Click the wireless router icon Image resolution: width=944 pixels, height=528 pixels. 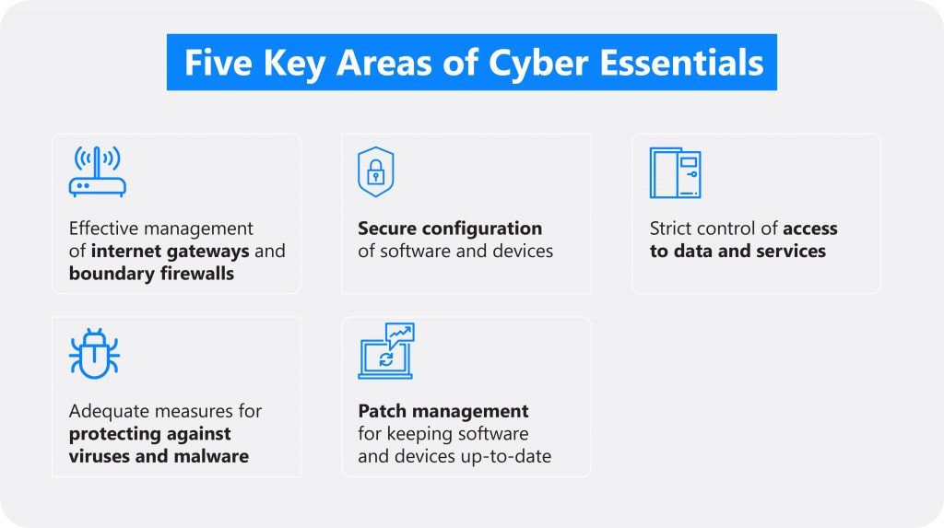click(97, 172)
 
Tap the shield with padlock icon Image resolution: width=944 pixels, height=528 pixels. click(376, 172)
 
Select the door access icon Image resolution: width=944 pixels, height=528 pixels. click(675, 173)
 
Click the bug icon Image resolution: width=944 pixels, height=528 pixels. click(94, 354)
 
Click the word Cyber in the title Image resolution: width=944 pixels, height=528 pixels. click(537, 64)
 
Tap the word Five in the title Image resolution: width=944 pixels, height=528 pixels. click(218, 63)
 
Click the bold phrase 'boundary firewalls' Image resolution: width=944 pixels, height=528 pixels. click(151, 274)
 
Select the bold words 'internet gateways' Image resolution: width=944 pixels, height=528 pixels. click(171, 251)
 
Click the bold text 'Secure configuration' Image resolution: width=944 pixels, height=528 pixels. click(450, 229)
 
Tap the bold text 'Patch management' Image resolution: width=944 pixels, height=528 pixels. click(443, 411)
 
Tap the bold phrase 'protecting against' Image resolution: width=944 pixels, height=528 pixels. click(149, 434)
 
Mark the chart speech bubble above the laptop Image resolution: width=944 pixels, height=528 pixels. click(400, 334)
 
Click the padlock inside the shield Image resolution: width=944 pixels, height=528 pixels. click(376, 172)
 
